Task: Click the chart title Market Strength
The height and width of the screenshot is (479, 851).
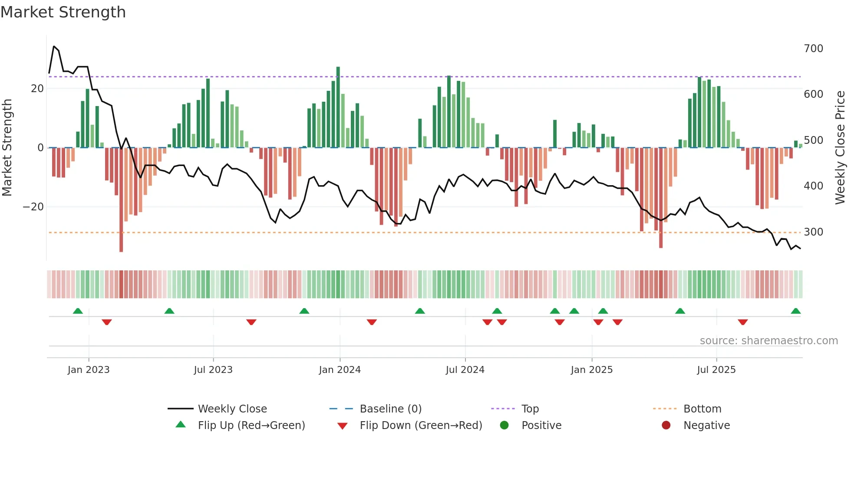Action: coord(63,12)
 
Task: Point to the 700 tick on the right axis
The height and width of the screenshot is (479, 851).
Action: coord(813,48)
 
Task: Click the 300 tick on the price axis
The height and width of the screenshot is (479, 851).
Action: coord(813,232)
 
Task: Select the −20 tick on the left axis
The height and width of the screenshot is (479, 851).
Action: coord(33,207)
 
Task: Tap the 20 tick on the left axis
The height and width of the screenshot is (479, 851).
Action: coord(37,89)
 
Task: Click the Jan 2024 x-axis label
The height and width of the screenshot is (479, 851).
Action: coord(340,370)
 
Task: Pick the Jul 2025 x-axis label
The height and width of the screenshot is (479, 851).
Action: coord(716,370)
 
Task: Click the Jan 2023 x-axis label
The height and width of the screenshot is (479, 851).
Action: coord(89,370)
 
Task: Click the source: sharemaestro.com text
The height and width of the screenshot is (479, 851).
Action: coord(769,341)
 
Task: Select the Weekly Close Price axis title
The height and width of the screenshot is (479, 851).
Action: coord(840,148)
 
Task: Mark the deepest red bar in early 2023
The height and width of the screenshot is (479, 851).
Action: coord(121,200)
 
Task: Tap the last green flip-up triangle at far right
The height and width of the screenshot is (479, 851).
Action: coord(795,311)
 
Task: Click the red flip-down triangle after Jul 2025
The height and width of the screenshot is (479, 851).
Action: coord(742,322)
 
